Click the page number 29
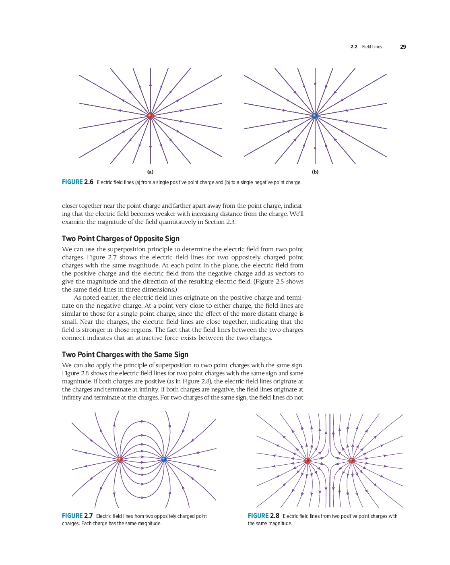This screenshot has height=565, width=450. pos(403,47)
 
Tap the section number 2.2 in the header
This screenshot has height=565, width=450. pos(354,47)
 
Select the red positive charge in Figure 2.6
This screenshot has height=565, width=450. pos(151,116)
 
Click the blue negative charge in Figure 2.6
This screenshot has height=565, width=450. pos(315,116)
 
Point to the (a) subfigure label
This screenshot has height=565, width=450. pos(150,172)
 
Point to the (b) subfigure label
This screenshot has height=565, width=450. pos(315,172)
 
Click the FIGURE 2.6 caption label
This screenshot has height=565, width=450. pos(78,182)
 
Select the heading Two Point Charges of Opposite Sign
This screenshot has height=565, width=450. pos(121,239)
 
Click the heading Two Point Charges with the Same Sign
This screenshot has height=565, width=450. pos(125,355)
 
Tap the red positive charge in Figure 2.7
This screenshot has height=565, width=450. pos(120,459)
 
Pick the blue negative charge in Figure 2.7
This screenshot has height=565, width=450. pos(164,459)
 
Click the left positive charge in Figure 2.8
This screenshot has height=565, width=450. pos(308,461)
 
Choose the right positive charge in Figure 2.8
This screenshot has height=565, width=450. pos(351,461)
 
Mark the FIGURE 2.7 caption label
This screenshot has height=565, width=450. pos(77,516)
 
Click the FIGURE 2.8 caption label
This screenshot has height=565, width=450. pos(264,516)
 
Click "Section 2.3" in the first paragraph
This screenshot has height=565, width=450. pos(220,222)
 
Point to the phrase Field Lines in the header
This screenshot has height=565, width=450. pos(372,47)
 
